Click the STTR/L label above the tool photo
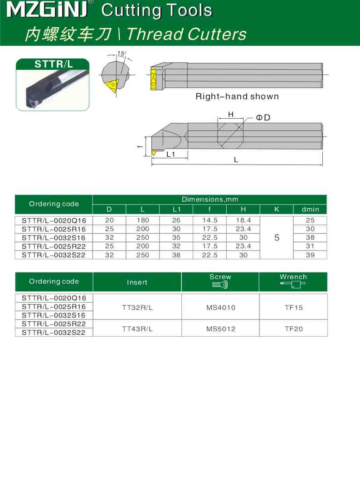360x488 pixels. pos(54,64)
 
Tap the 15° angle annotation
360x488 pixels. pos(122,53)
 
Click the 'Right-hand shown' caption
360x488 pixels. pos(237,97)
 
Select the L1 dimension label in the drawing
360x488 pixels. pos(171,155)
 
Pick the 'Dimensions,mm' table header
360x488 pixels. pos(209,199)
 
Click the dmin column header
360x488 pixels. pos(310,209)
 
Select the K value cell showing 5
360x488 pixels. pos(277,237)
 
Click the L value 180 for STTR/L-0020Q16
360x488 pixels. pos(143,220)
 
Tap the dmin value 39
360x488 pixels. pos(310,255)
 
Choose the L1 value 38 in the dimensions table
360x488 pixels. pos(176,255)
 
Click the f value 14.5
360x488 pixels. pos(210,220)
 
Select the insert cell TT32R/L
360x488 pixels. pos(137,307)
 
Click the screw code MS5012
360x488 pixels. pos(220,329)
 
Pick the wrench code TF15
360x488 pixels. pos(293,307)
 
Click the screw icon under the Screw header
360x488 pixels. pos(220,285)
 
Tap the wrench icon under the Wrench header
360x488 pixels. pos(293,285)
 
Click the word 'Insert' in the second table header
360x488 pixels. pos(137,282)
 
